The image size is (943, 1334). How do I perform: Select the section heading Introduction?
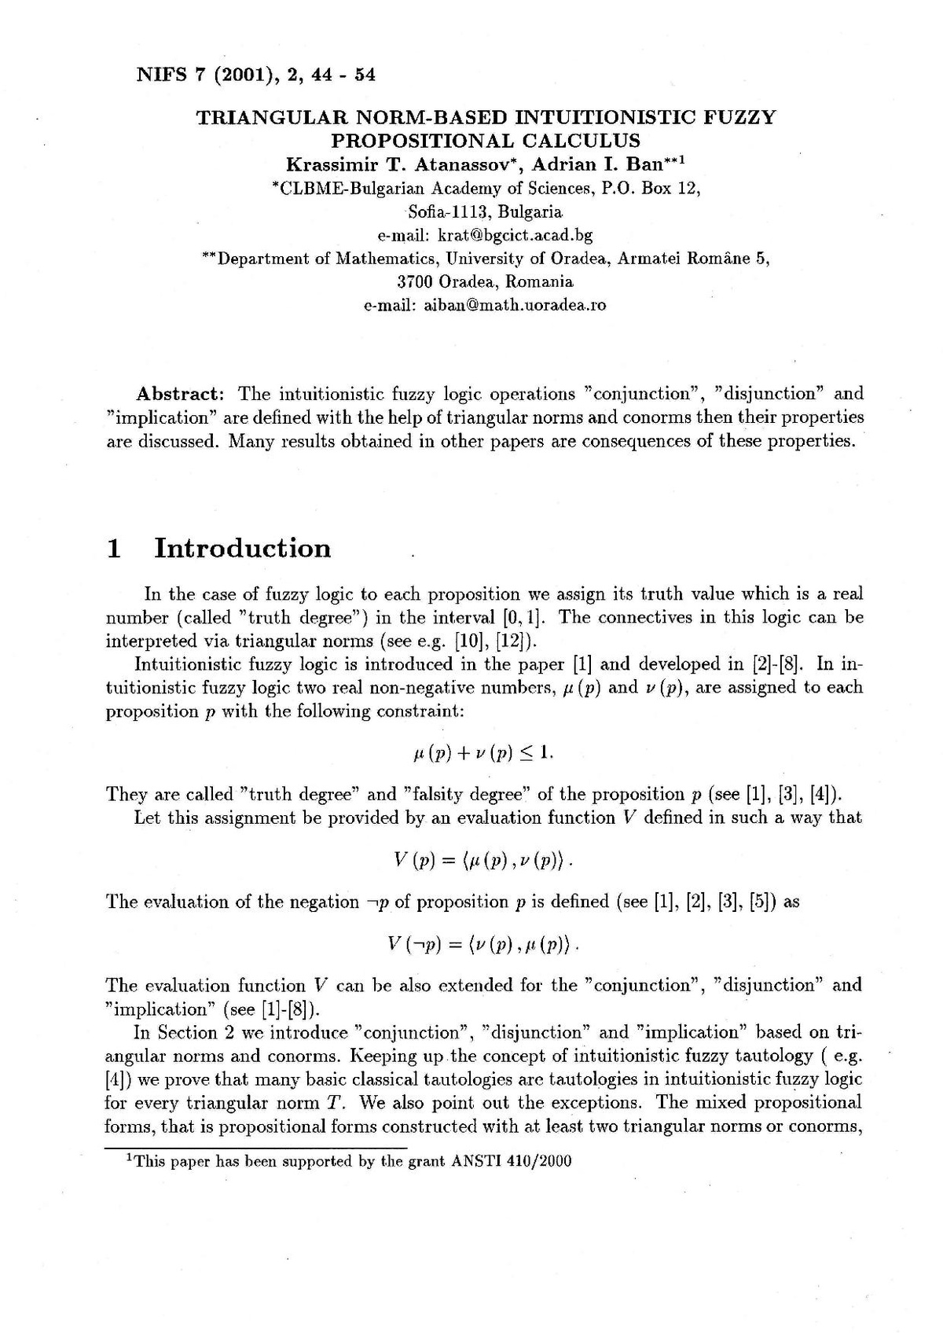(x=243, y=548)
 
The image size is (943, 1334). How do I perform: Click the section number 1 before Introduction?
(x=114, y=548)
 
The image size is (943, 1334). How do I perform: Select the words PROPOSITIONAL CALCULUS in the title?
(x=485, y=141)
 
